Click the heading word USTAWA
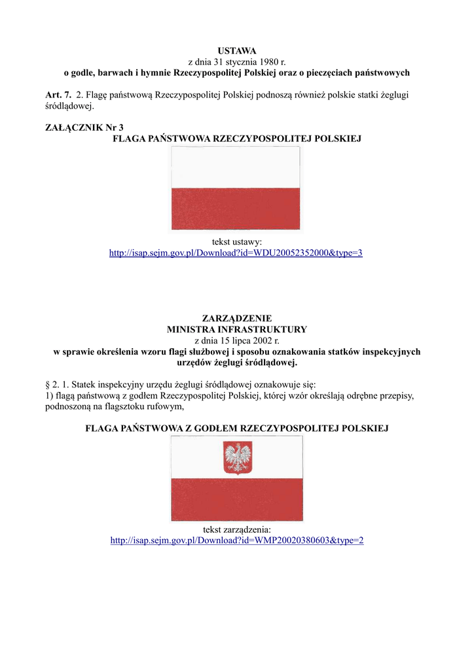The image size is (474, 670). (237, 51)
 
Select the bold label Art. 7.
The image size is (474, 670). (58, 95)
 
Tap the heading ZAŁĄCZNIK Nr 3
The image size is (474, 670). (84, 128)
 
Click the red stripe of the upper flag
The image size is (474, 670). (236, 209)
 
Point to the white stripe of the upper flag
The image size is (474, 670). (236, 167)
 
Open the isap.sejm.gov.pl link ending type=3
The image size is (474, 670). (236, 253)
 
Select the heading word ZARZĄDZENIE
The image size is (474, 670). (237, 318)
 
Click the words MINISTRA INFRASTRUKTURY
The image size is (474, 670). (237, 329)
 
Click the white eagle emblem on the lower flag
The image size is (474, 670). (238, 457)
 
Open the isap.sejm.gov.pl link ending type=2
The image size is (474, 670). (237, 540)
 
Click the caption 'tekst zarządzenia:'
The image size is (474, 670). (237, 529)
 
